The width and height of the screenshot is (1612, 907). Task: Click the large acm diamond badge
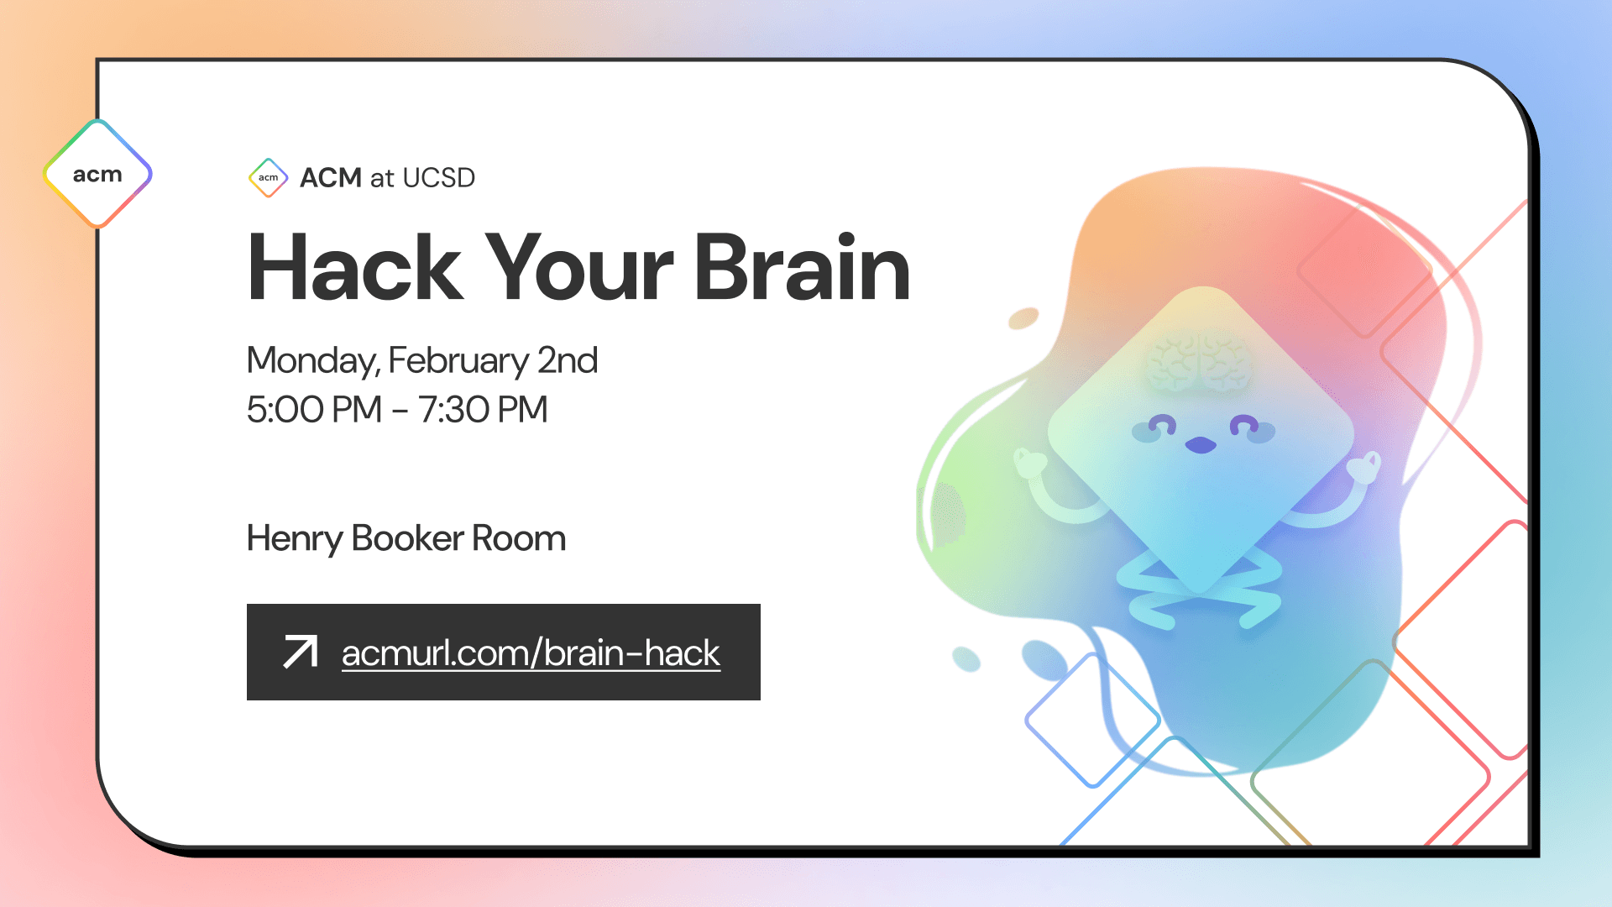(97, 174)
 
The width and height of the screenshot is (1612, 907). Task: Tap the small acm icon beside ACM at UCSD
(269, 177)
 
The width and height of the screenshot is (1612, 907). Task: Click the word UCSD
(438, 178)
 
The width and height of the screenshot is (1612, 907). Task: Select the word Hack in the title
(354, 269)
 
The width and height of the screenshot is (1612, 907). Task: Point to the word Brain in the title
(802, 269)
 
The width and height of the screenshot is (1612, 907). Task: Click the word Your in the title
(579, 269)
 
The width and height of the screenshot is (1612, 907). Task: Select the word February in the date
(458, 361)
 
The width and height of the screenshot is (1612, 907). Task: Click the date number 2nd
(568, 361)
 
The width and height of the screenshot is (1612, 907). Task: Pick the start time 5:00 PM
(314, 410)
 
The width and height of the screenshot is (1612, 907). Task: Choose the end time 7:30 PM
(484, 410)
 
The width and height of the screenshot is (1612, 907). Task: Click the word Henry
(294, 539)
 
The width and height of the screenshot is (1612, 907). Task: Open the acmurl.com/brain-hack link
(531, 653)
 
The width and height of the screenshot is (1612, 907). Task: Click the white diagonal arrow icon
(301, 653)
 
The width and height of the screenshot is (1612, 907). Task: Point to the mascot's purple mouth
(1201, 445)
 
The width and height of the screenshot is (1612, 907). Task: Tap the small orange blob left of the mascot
(1023, 318)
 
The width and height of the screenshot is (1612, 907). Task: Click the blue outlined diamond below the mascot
(1092, 721)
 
